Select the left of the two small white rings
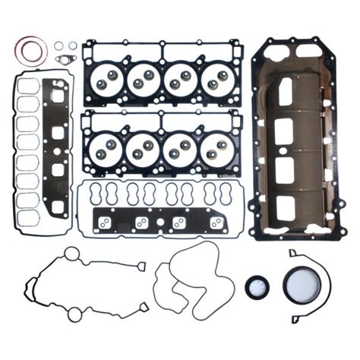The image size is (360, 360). click(58, 46)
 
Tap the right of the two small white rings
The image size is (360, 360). click(71, 46)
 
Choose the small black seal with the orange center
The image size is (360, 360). click(257, 287)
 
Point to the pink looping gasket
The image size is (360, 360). click(190, 282)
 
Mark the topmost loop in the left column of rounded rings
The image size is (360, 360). click(28, 85)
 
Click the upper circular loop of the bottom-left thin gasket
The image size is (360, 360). click(71, 254)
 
